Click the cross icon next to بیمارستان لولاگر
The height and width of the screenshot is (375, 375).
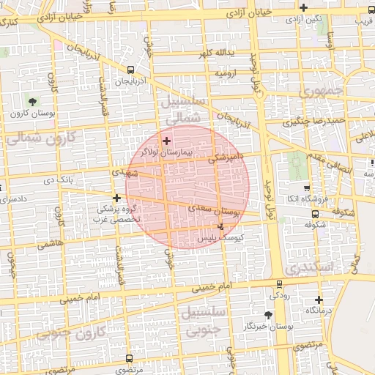tap(166, 141)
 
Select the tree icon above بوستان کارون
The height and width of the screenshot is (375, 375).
tap(31, 100)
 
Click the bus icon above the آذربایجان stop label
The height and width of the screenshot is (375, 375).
tap(130, 70)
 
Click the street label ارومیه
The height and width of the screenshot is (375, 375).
tap(225, 74)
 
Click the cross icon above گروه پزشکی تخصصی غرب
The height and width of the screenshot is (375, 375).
tap(116, 197)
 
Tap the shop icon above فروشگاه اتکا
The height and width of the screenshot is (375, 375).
tap(306, 187)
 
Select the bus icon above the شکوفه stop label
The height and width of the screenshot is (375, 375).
tap(315, 215)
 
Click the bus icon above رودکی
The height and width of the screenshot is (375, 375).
tap(279, 284)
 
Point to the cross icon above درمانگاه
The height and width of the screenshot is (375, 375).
tap(319, 300)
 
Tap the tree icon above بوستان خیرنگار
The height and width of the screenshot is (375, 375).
tap(268, 314)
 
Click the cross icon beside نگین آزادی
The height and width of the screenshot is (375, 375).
tap(303, 7)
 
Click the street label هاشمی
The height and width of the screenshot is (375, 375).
tap(49, 244)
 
